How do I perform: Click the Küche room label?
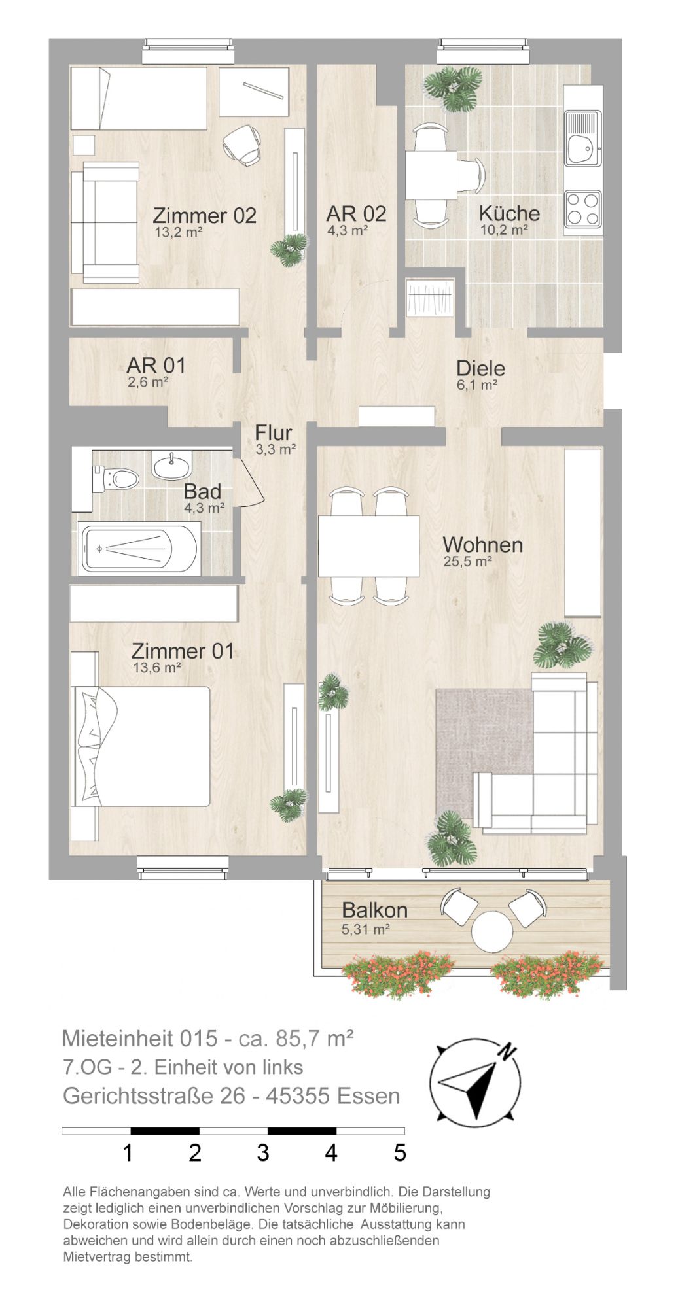(x=509, y=213)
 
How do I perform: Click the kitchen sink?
(x=582, y=139)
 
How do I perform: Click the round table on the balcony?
(x=492, y=931)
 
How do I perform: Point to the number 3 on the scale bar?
(x=262, y=1152)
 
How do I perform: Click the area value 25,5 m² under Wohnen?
(x=467, y=560)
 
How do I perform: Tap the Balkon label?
(x=375, y=910)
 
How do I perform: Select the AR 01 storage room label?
(x=156, y=366)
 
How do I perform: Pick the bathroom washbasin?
(x=172, y=465)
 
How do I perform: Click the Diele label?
(x=481, y=368)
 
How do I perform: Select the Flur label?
(x=274, y=433)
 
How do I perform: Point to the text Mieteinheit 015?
(x=139, y=1038)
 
